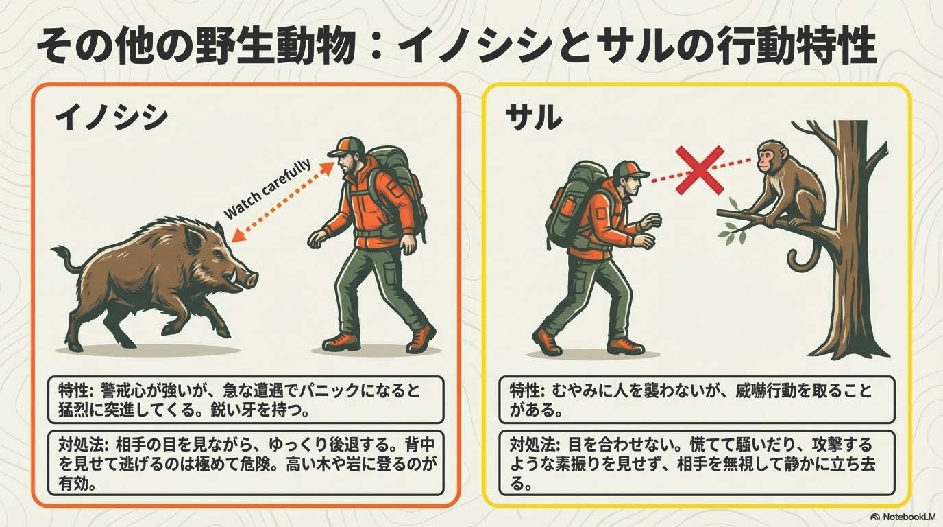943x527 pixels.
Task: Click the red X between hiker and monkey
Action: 700,170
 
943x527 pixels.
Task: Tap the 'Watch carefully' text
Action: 268,189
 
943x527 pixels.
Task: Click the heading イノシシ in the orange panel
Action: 111,118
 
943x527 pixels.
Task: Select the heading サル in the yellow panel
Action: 533,117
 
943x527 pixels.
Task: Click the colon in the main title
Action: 379,47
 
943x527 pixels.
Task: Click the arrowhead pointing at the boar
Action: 238,236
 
